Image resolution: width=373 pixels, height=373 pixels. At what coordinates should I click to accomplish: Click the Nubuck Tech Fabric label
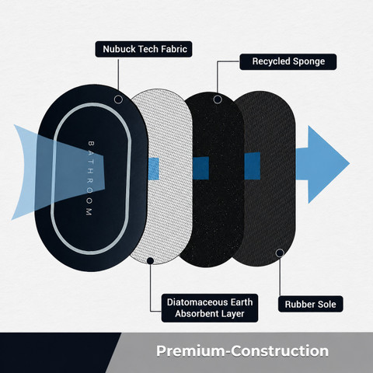144,49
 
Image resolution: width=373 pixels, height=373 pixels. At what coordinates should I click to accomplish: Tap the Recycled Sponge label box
288,61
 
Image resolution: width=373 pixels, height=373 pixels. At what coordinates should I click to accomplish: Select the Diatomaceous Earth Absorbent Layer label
210,308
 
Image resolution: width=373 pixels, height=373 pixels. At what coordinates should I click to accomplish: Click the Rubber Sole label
311,304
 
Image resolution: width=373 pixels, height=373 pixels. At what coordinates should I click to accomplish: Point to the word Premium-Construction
242,351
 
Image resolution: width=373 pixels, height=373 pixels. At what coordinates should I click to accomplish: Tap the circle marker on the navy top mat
118,99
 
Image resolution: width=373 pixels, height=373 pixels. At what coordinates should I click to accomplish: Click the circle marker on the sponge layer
218,99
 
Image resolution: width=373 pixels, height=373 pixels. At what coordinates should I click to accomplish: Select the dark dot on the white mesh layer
150,260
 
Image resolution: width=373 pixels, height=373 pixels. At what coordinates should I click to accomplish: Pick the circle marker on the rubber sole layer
280,253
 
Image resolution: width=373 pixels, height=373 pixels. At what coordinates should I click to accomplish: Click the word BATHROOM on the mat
89,178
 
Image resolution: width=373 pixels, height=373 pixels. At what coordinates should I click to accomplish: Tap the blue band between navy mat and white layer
153,169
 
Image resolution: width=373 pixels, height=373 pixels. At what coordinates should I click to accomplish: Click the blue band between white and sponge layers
200,168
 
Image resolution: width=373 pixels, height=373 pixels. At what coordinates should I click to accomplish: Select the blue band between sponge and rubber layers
253,166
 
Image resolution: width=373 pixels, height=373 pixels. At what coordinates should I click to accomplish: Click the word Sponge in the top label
308,61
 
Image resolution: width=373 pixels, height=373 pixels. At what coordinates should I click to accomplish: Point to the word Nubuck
119,49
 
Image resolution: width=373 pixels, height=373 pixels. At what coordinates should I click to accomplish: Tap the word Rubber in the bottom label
298,304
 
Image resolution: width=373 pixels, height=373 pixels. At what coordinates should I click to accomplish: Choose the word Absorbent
193,314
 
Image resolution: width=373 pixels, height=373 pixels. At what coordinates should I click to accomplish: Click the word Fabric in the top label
174,49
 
